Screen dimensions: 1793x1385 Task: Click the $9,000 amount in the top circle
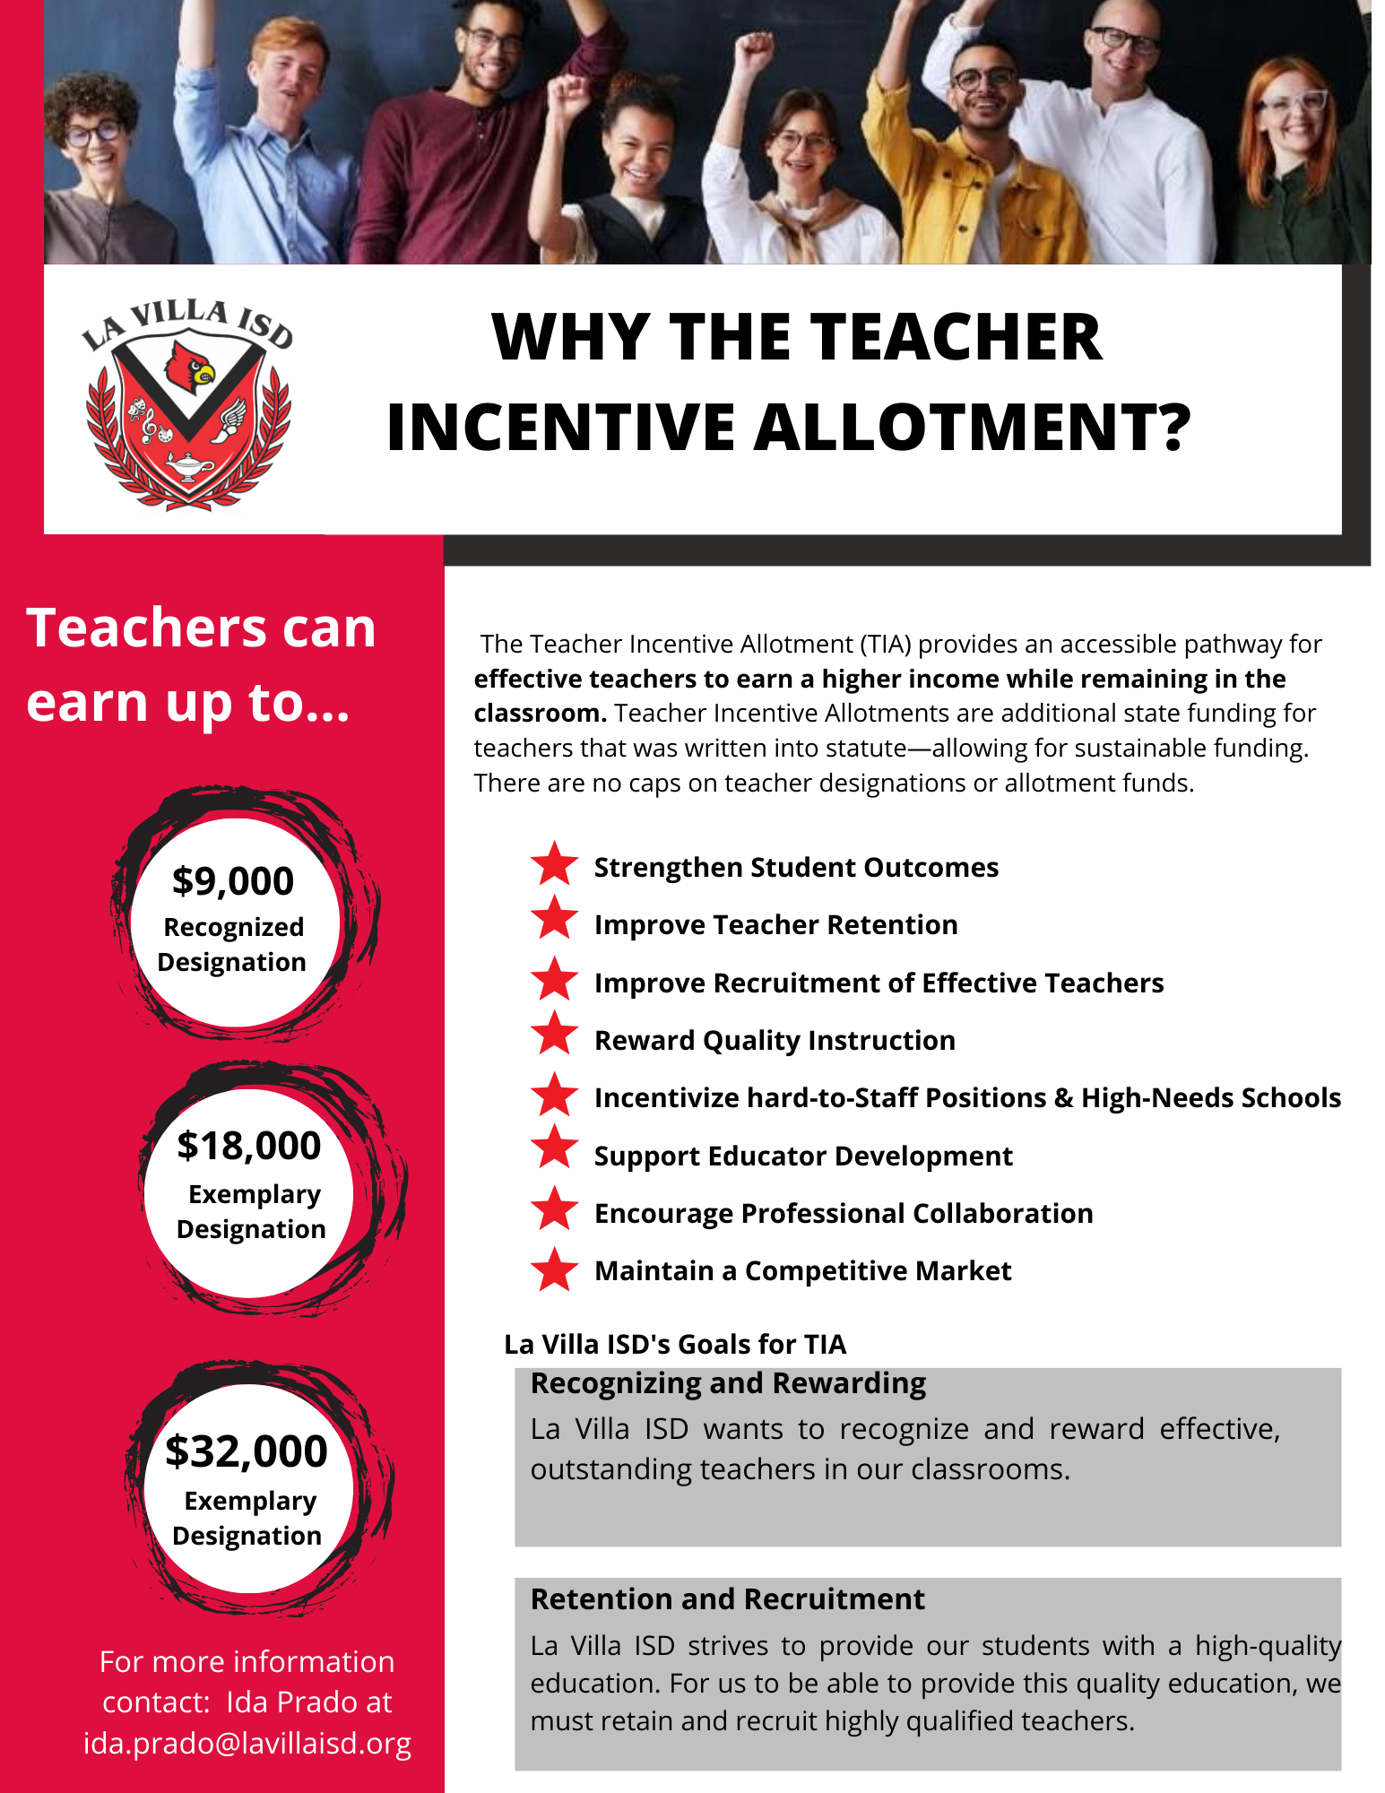[233, 881]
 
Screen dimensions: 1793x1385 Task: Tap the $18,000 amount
[249, 1146]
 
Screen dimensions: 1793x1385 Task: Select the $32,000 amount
[247, 1451]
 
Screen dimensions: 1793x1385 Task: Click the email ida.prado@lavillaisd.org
[247, 1744]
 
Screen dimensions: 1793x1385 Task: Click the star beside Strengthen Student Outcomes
[554, 864]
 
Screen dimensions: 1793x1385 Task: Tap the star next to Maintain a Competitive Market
[554, 1269]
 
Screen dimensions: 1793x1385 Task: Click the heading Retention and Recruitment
[727, 1599]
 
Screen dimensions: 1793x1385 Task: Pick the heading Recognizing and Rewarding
[728, 1383]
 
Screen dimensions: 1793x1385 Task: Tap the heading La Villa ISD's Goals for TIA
[675, 1344]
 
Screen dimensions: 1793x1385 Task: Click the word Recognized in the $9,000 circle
[234, 927]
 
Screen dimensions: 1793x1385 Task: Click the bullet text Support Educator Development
[803, 1156]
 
